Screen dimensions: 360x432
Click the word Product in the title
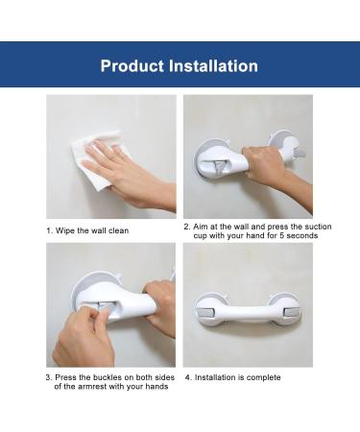pos(132,66)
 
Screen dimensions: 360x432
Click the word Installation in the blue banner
pos(213,66)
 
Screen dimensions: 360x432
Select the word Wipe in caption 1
pos(65,230)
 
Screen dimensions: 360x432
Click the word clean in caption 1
pos(118,230)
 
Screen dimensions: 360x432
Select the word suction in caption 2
pos(318,227)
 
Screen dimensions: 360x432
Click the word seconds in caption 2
pos(302,236)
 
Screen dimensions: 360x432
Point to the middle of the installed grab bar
pos(248,311)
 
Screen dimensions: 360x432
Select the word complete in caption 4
pos(264,377)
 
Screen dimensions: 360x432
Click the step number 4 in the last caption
pos(187,377)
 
